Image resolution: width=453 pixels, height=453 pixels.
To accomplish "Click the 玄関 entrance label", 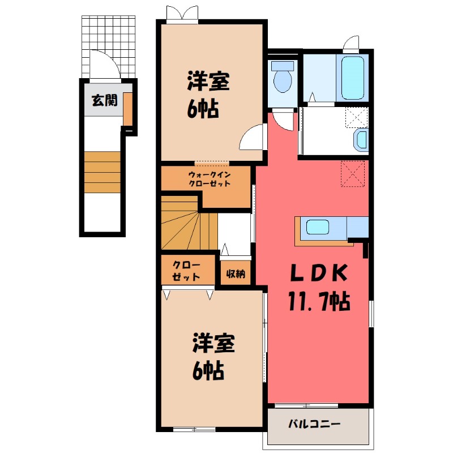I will coord(105,101).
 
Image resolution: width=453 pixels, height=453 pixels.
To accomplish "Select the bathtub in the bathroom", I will coord(353,78).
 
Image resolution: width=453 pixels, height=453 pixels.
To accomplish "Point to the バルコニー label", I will coord(314,424).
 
